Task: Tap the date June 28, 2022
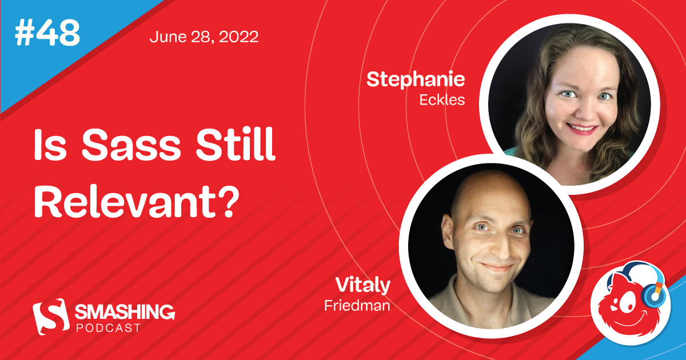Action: pyautogui.click(x=204, y=37)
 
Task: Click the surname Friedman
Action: pyautogui.click(x=357, y=305)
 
